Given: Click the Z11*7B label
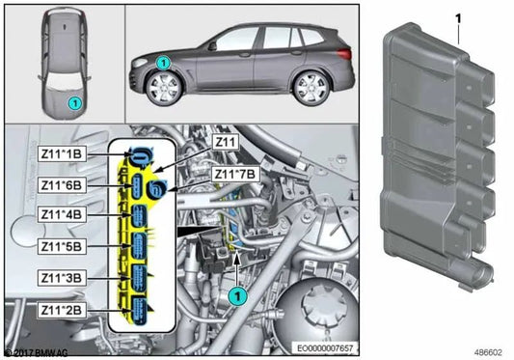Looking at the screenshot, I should (232, 175).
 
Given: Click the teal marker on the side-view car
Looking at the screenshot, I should (163, 63).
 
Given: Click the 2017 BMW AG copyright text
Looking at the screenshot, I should (37, 353).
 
